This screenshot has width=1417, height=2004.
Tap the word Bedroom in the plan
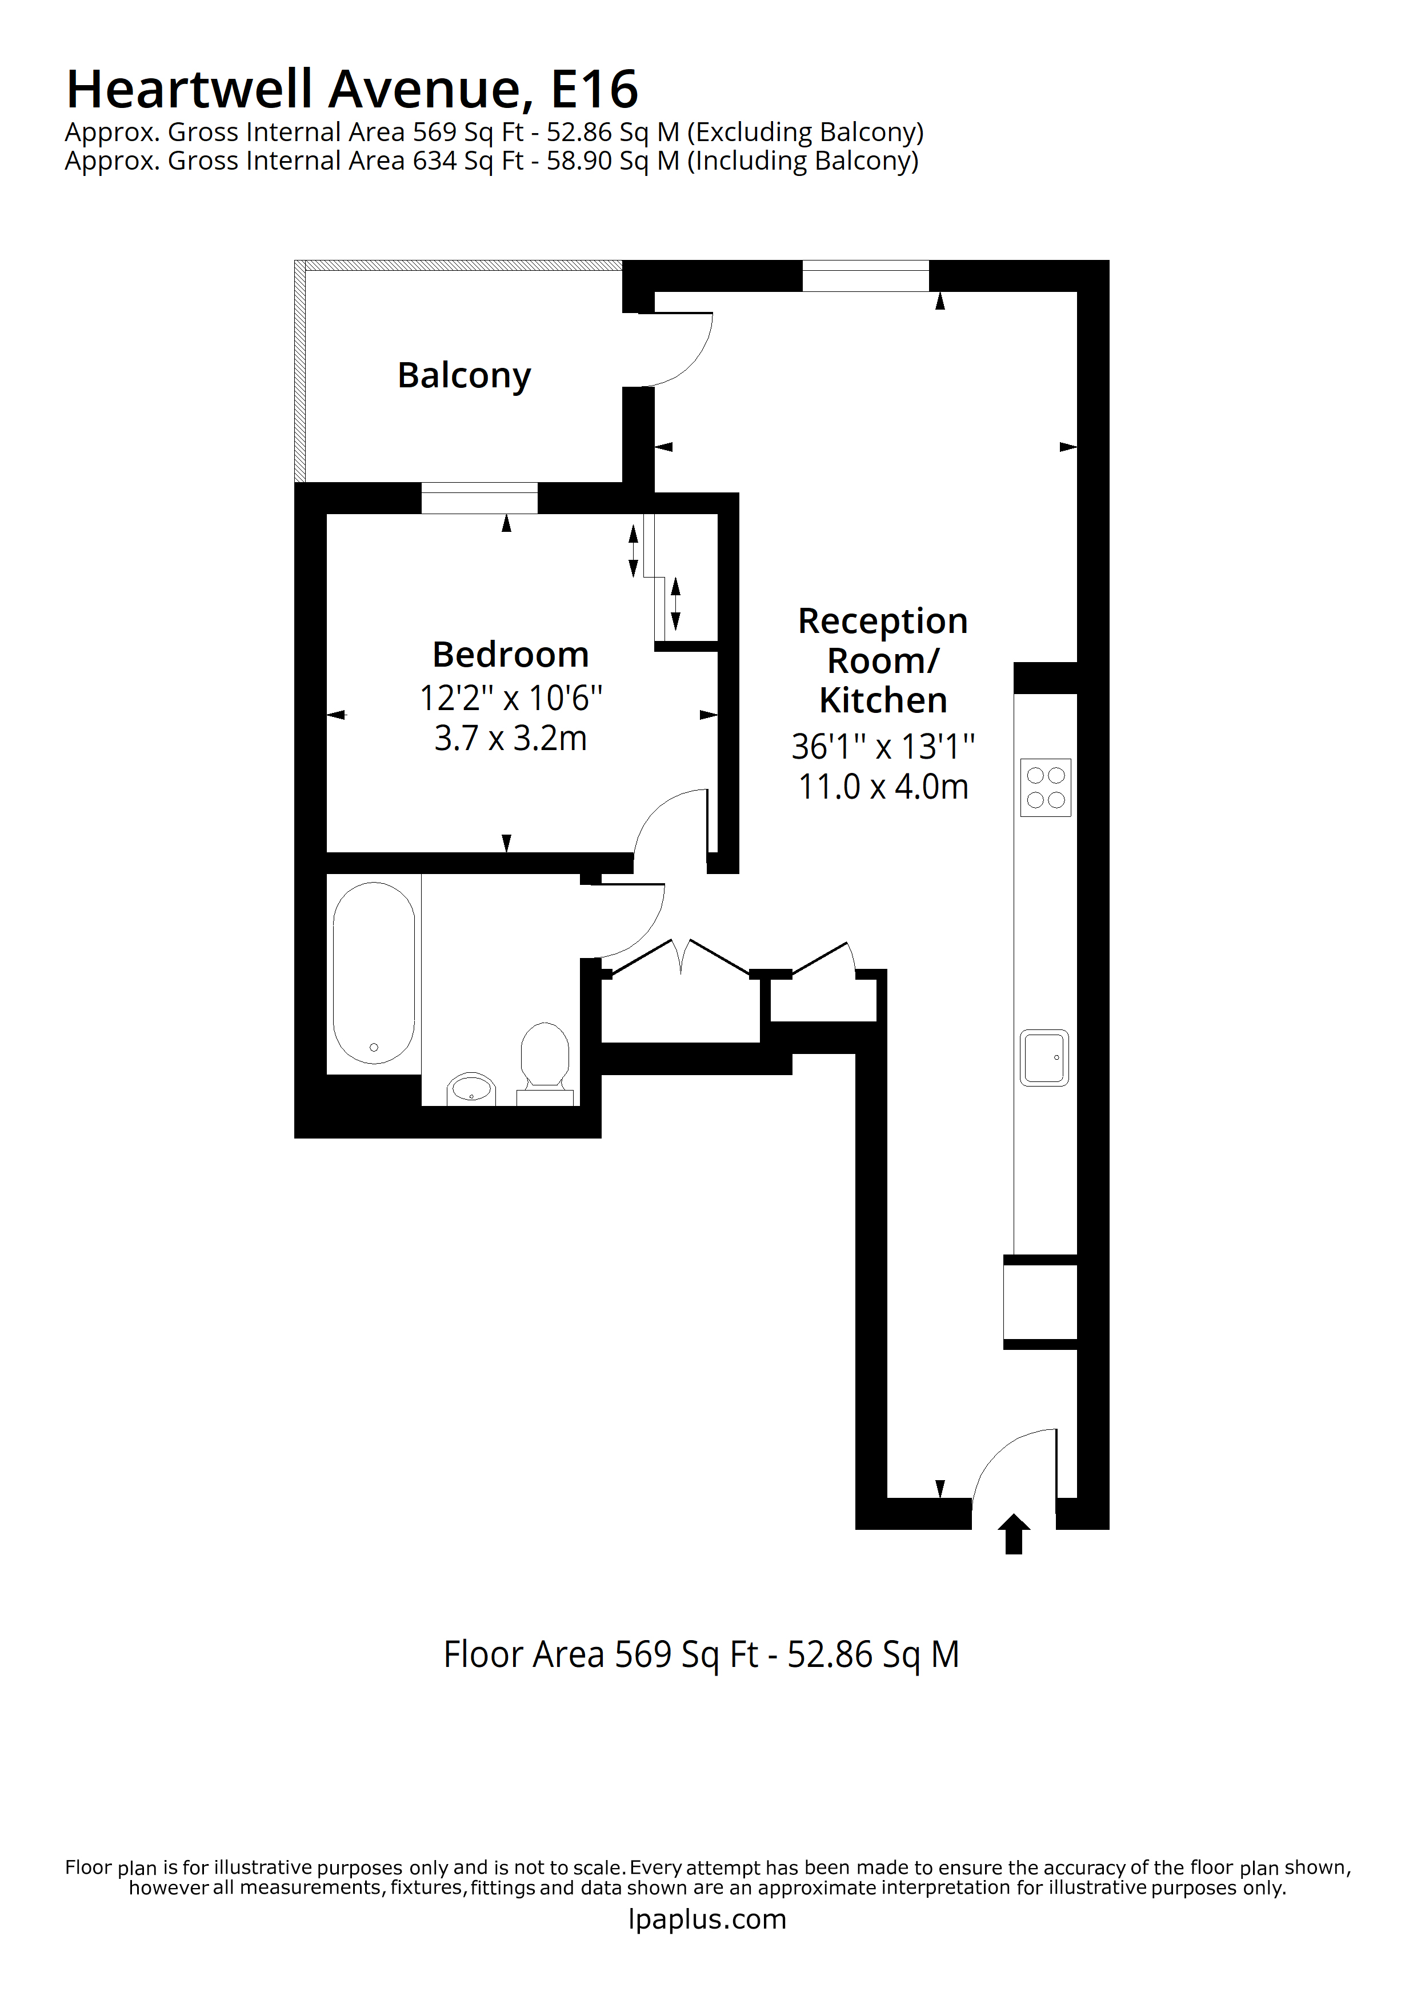511,655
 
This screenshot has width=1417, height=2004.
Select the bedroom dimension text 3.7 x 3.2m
511,739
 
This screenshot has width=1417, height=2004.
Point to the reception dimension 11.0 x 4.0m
883,787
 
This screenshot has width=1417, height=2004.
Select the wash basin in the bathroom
471,1089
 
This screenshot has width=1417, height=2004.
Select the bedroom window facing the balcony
479,498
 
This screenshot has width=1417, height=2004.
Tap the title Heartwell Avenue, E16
352,89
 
